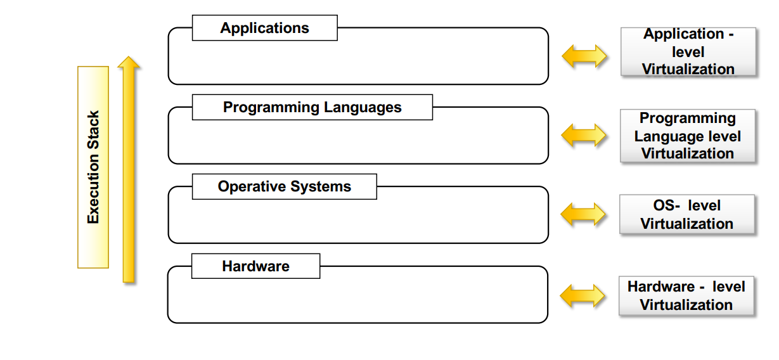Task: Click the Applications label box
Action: click(264, 29)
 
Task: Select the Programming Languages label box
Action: click(312, 107)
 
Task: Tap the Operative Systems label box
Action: click(284, 186)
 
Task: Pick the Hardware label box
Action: click(255, 266)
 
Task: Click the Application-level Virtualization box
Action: click(688, 52)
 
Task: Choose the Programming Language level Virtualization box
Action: click(688, 136)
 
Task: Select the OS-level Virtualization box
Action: click(687, 215)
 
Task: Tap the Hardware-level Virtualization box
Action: click(686, 296)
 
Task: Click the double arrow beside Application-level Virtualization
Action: click(584, 56)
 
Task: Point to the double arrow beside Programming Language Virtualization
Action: click(584, 135)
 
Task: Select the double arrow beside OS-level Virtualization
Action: click(584, 214)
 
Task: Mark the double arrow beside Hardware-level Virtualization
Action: click(583, 295)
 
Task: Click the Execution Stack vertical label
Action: click(93, 167)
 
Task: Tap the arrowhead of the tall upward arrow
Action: click(129, 62)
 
